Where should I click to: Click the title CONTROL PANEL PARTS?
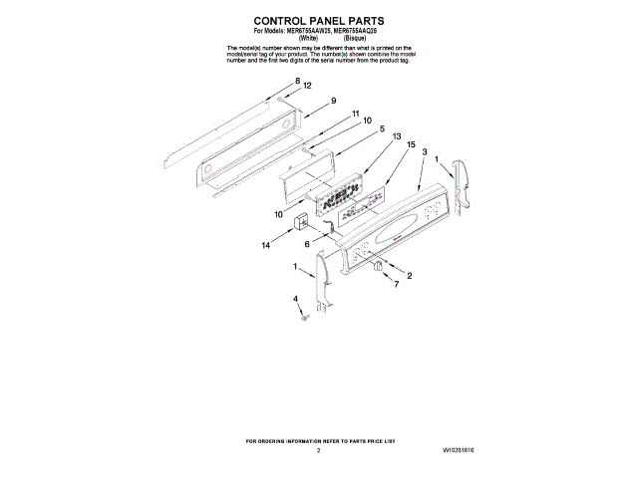click(x=318, y=20)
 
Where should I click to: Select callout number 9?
click(x=333, y=101)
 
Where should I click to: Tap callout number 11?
click(x=353, y=114)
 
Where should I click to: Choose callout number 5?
click(x=381, y=128)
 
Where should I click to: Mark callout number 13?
click(x=396, y=136)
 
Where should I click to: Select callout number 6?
click(x=307, y=242)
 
